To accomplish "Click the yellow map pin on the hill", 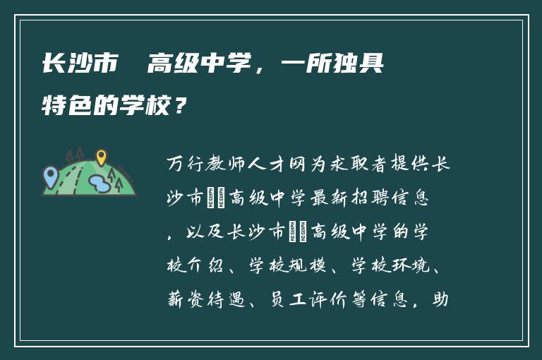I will [101, 157].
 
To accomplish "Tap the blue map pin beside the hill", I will [50, 174].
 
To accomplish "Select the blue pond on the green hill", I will [99, 184].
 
